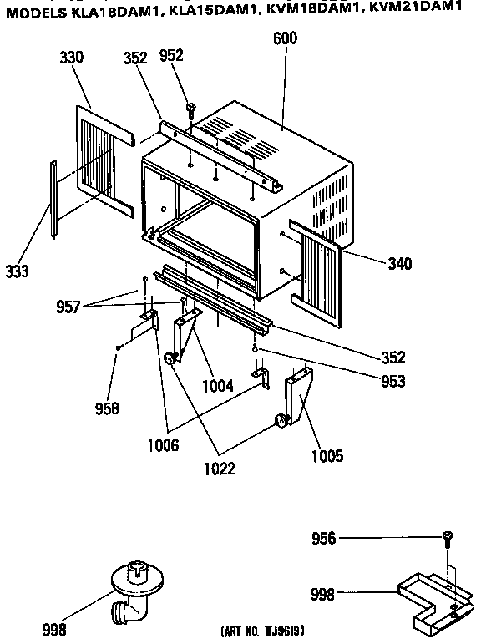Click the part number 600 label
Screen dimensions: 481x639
(x=285, y=38)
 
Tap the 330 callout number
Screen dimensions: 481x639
(x=71, y=58)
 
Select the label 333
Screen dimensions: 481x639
(x=18, y=271)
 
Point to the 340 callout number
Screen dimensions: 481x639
(x=399, y=264)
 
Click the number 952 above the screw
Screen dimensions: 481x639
(x=171, y=55)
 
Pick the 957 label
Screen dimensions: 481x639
(x=68, y=307)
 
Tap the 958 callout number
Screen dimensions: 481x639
(x=107, y=408)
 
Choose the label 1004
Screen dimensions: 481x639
(x=218, y=386)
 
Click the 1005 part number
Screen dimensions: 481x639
(x=327, y=455)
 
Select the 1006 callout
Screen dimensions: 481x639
(x=163, y=445)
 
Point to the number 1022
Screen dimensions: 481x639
(x=220, y=469)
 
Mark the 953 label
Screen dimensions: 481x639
(x=393, y=382)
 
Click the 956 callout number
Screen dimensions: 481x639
(x=324, y=538)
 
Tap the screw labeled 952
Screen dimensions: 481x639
(x=190, y=110)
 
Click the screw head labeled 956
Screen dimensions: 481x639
(x=448, y=536)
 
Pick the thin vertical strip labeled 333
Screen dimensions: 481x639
(x=53, y=200)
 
